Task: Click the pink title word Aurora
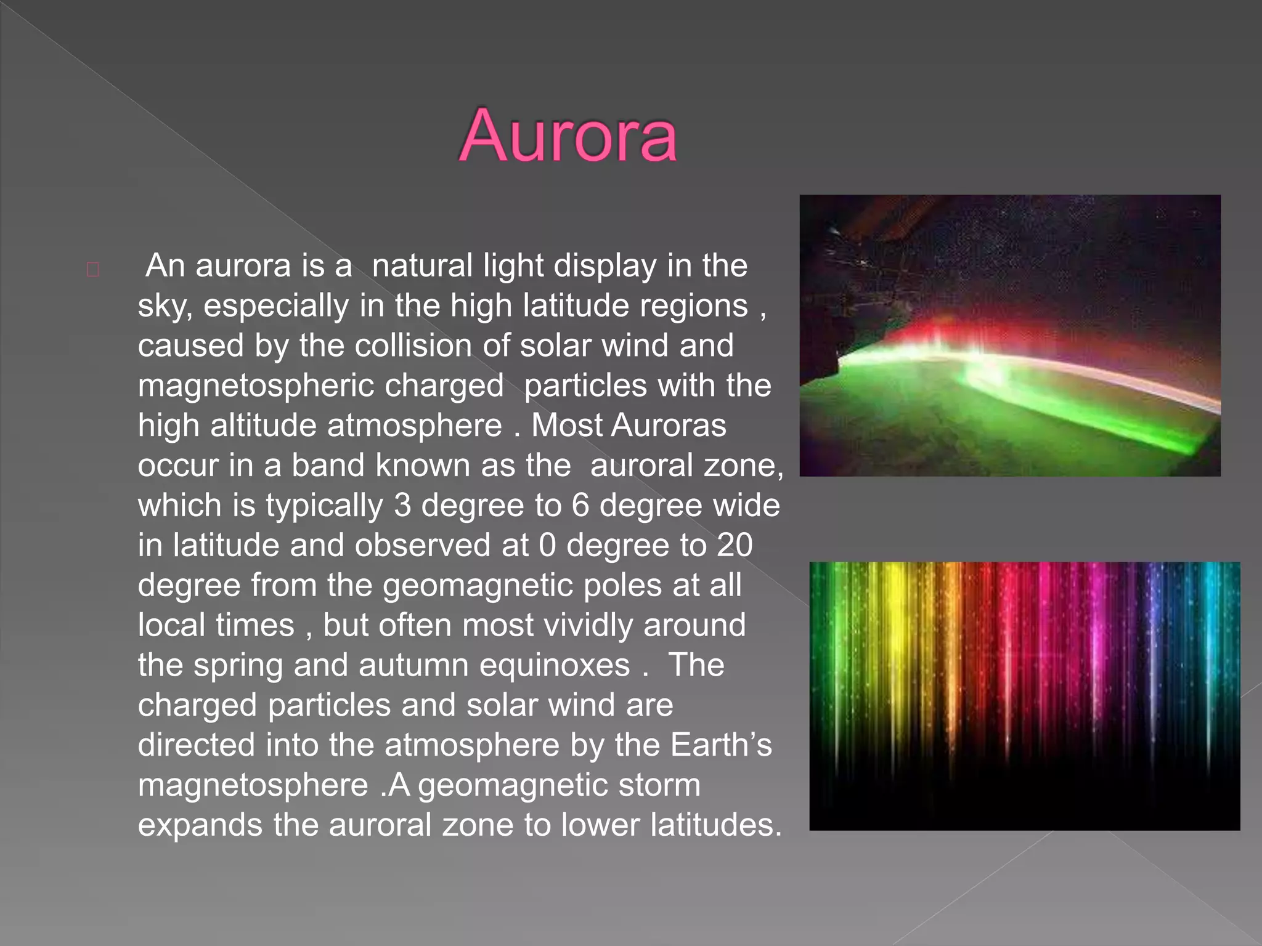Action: click(x=568, y=136)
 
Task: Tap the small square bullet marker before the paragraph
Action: click(x=93, y=270)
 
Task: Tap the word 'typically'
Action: click(x=324, y=506)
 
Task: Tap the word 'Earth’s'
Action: click(x=721, y=745)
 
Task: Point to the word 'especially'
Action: click(x=276, y=306)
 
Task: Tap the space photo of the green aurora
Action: click(x=1010, y=336)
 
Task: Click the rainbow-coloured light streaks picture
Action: click(x=1024, y=696)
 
